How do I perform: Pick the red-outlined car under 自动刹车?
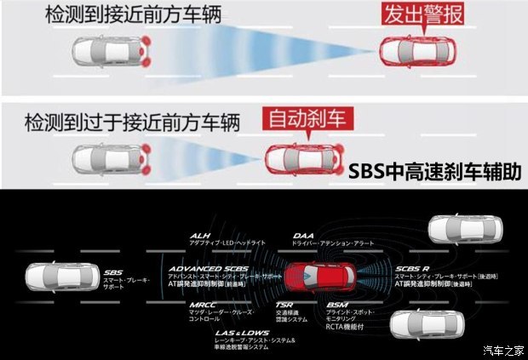tap(299, 157)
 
